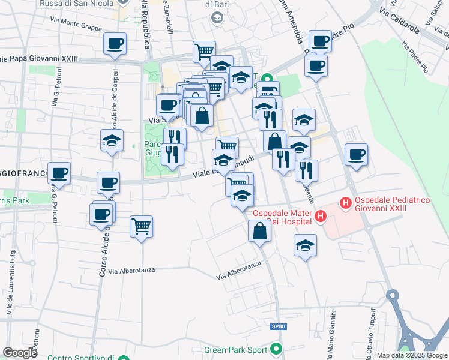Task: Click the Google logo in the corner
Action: tap(20, 353)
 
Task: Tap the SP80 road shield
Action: tap(276, 326)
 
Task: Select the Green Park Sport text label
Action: tap(235, 350)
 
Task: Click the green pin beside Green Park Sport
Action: tap(276, 349)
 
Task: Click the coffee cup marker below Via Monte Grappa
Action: tap(115, 43)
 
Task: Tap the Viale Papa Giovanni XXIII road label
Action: tap(40, 59)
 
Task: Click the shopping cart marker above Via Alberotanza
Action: tap(141, 227)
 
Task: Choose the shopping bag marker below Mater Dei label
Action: tap(259, 232)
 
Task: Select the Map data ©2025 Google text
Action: tap(412, 355)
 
